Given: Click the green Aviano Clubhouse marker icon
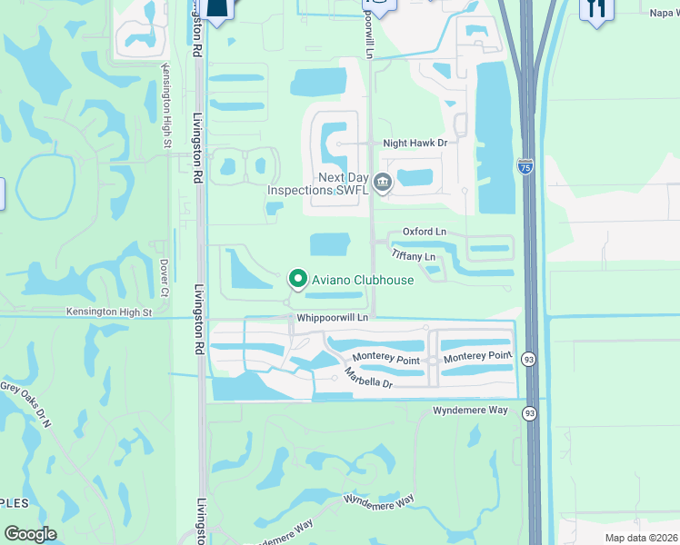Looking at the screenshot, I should coord(296,279).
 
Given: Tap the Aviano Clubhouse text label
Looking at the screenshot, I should coord(363,280).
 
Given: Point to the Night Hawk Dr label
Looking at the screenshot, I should coord(415,143).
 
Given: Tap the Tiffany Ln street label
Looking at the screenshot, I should coord(414,257).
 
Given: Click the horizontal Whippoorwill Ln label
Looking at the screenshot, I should coord(332,318).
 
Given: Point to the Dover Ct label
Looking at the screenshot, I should coord(165,278).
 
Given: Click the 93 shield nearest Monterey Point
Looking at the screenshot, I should coord(529,361).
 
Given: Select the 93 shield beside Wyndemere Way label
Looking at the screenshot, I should coord(529,413).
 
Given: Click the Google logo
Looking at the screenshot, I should coord(31,534).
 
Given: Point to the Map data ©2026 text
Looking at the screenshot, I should coord(641,538).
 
